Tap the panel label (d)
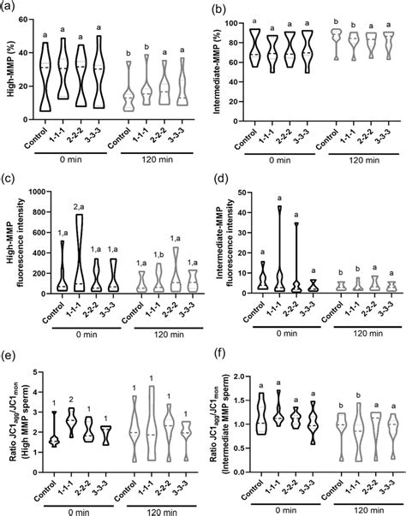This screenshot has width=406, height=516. pos(216,182)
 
